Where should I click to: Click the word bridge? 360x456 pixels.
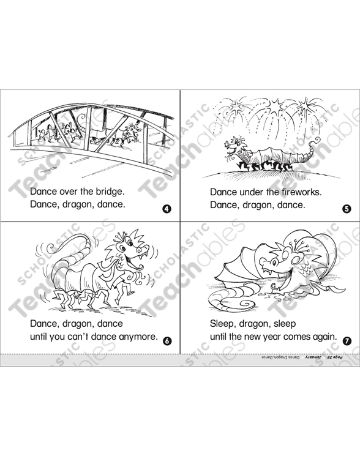point(110,192)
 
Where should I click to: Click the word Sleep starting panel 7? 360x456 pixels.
point(223,324)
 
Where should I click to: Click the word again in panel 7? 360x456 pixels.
point(323,337)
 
